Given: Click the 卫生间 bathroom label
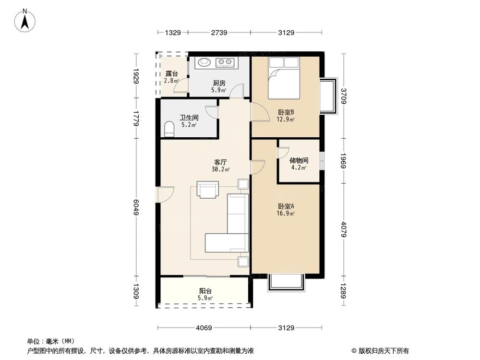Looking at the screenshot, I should pos(189,117).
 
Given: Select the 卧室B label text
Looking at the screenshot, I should pos(286,112).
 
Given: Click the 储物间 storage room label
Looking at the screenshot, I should pos(299,161).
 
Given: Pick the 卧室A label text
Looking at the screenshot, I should pos(286,206).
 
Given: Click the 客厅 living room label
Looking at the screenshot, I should pos(220,162).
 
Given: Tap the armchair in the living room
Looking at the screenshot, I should pos(207,189).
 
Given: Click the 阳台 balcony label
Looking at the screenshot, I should pos(206,291).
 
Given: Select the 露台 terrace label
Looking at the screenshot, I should pos(171,74).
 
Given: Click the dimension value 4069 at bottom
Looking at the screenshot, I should pos(204,328).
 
